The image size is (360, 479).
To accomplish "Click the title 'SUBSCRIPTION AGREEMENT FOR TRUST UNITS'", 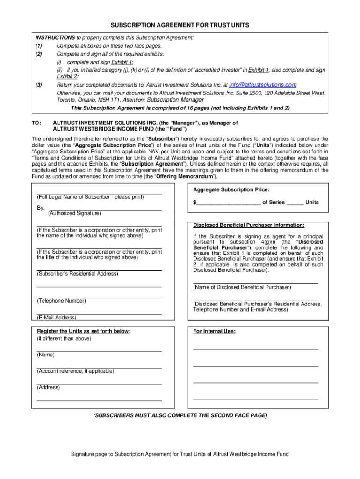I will click(x=180, y=25).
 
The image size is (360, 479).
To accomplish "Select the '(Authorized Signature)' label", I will click(x=74, y=213).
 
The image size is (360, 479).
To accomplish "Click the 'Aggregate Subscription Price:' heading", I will click(x=231, y=189).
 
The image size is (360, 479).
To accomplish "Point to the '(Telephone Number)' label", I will click(x=61, y=301).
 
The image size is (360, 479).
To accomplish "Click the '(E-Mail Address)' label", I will click(x=57, y=318).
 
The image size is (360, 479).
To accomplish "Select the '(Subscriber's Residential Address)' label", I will click(x=78, y=273).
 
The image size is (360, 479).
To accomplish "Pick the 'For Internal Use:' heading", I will click(x=214, y=331).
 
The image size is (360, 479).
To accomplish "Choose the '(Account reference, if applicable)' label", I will click(x=75, y=371).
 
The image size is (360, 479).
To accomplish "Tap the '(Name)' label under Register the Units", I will click(x=46, y=355).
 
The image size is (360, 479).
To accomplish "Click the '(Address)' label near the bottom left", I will click(x=49, y=387).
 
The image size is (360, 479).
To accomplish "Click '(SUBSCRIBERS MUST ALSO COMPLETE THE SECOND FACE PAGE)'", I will click(x=180, y=415).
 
